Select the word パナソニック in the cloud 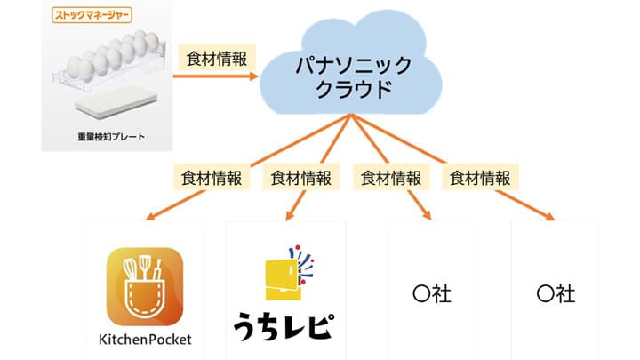click(x=349, y=65)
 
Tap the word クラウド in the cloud click(x=349, y=90)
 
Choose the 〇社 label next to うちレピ click(x=433, y=294)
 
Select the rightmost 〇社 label click(x=556, y=294)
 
